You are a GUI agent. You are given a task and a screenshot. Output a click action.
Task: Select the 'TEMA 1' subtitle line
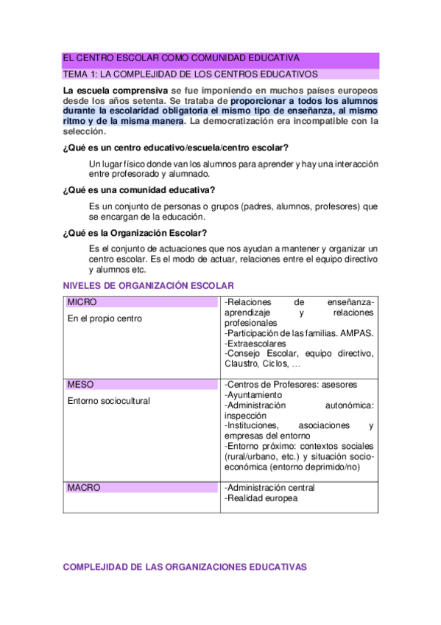tap(190, 74)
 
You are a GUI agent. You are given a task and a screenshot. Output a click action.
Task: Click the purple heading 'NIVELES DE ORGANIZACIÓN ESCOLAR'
tap(149, 285)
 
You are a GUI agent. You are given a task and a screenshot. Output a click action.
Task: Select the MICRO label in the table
tap(82, 302)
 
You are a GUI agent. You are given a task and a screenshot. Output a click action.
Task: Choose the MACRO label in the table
tap(84, 488)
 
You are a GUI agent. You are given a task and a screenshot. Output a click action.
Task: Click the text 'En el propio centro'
tap(105, 318)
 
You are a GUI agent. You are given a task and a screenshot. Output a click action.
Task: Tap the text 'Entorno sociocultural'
tap(108, 401)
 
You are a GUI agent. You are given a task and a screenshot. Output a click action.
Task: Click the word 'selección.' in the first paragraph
tap(85, 132)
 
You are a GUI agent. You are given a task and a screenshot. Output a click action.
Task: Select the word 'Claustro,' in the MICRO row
tap(241, 364)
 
